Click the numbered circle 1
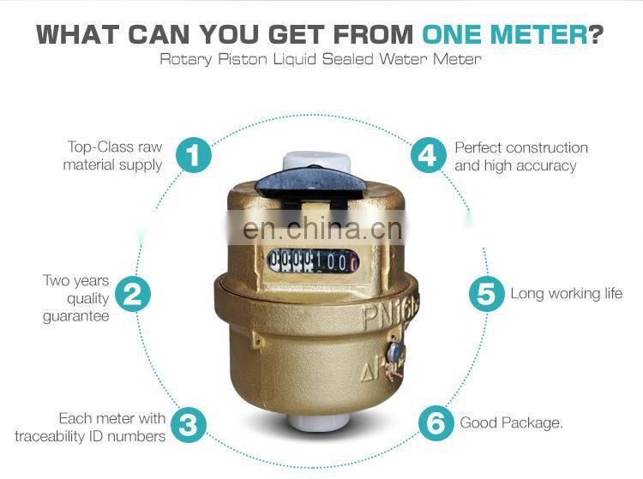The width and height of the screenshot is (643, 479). tap(194, 155)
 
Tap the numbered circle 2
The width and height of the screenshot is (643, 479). tap(132, 294)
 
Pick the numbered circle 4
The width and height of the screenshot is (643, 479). tap(429, 155)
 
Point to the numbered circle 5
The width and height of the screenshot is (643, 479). tap(486, 294)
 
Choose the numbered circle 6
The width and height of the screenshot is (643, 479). tap(436, 422)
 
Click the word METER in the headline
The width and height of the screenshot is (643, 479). tap(539, 35)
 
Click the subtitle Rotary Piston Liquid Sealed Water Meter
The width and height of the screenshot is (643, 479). tap(321, 60)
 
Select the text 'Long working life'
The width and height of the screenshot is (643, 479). tap(566, 294)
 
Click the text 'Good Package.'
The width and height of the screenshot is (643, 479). tap(511, 422)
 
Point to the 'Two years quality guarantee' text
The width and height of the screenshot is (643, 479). tap(76, 298)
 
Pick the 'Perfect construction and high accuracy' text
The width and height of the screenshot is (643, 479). tap(521, 156)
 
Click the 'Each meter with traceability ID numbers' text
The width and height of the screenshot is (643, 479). tap(91, 427)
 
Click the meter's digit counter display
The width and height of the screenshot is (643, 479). tap(312, 260)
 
